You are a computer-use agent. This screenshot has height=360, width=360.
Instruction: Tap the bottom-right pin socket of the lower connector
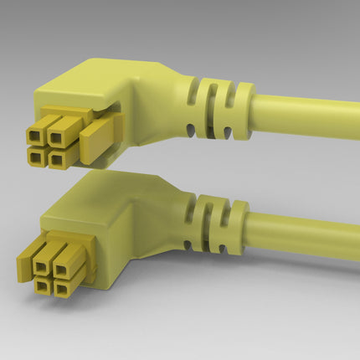(64, 285)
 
